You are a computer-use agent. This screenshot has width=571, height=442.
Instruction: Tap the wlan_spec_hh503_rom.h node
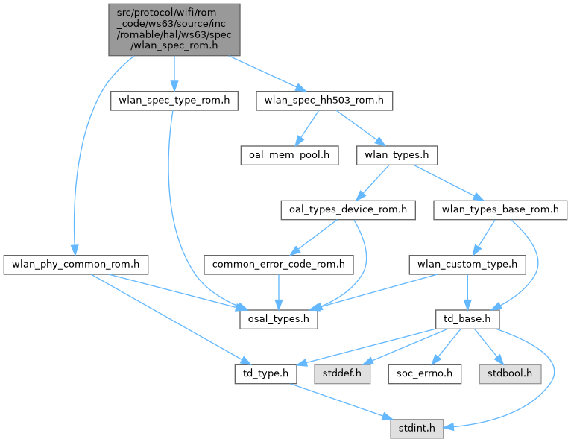[324, 101]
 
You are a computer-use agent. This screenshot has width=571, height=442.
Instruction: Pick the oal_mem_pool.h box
[289, 156]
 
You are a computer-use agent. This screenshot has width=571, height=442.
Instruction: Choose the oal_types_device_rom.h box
[347, 209]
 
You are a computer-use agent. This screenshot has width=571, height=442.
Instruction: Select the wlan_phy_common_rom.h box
[76, 264]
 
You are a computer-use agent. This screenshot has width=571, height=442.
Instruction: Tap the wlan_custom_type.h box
[467, 264]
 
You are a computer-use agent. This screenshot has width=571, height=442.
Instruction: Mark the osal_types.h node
[279, 318]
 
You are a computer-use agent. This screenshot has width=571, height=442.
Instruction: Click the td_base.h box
[467, 318]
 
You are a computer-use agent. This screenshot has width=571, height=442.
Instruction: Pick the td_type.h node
[266, 373]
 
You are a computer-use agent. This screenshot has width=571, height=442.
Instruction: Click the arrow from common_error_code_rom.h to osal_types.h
[279, 291]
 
